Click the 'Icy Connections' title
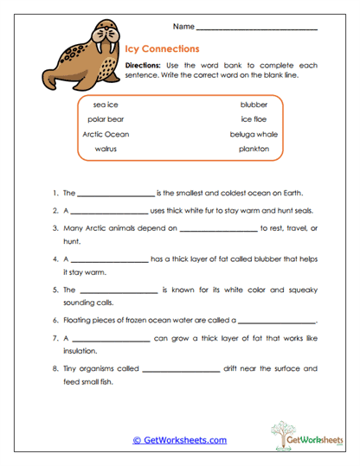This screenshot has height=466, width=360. [x=162, y=49]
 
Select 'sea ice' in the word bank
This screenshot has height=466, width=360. [x=106, y=105]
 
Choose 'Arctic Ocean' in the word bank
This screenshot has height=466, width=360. [x=106, y=134]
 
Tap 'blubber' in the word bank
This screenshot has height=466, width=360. [x=254, y=105]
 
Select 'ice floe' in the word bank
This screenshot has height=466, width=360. [x=254, y=119]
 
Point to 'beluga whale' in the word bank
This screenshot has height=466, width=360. [x=254, y=134]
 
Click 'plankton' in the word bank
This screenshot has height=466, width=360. [x=254, y=149]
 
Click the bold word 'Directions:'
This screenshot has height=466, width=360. [x=143, y=66]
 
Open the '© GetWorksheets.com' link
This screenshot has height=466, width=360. [x=179, y=439]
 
